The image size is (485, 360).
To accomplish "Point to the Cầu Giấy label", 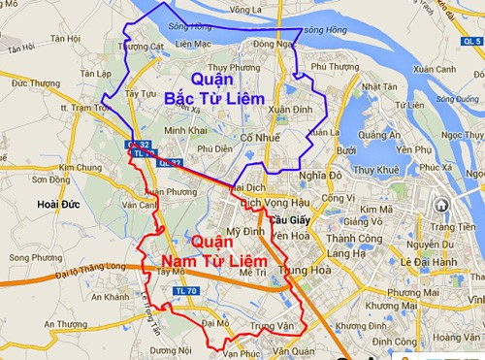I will (x=288, y=219).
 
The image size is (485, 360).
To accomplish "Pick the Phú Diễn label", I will (x=214, y=149).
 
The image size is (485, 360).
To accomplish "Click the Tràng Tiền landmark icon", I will (x=441, y=206).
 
